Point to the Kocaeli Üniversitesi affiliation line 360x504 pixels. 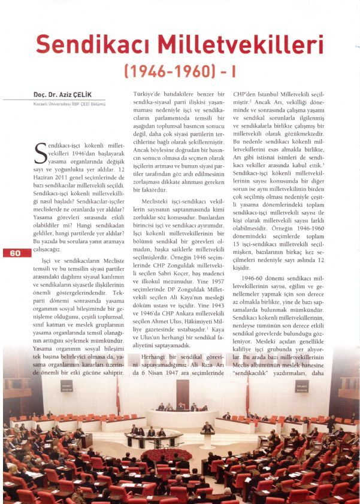69,104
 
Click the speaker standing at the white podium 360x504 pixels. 207,427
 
